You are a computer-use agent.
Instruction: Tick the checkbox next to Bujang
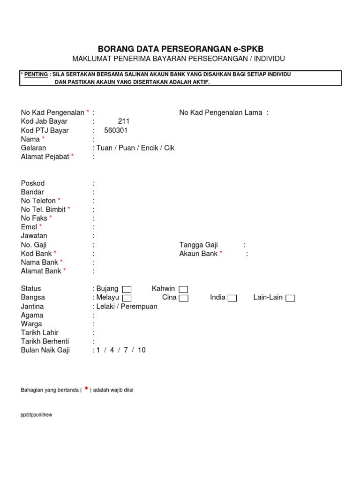point(127,289)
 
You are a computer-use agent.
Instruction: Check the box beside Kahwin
point(183,289)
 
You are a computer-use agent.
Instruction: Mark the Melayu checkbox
point(127,298)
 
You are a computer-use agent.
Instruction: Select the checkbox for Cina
point(184,298)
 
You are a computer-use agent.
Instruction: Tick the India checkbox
point(232,298)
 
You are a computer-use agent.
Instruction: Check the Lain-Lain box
point(290,298)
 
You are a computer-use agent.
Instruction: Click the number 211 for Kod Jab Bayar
point(124,121)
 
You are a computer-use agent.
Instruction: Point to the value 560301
point(116,130)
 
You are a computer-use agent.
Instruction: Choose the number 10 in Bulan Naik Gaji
point(142,350)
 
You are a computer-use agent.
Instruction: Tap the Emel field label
point(29,227)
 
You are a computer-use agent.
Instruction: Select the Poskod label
point(33,183)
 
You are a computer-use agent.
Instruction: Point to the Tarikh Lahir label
point(40,333)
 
